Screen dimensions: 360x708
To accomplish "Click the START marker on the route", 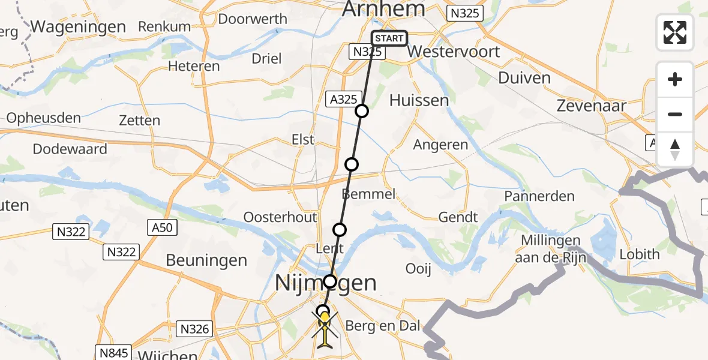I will [389, 38].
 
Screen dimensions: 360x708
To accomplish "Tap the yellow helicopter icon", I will [325, 328].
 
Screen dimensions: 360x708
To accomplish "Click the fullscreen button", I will [675, 32].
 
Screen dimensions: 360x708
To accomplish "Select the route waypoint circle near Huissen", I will [361, 110].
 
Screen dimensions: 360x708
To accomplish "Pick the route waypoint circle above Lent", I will [340, 229].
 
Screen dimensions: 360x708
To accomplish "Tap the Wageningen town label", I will [78, 27].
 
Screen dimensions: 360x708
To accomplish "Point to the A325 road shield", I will [344, 100].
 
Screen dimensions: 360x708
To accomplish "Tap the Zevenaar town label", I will [591, 106].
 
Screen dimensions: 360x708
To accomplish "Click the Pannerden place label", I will [539, 196].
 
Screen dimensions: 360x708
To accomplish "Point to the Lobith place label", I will [640, 254].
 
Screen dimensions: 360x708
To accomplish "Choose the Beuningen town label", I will [206, 260].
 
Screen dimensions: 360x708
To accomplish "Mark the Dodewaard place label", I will [70, 149].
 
